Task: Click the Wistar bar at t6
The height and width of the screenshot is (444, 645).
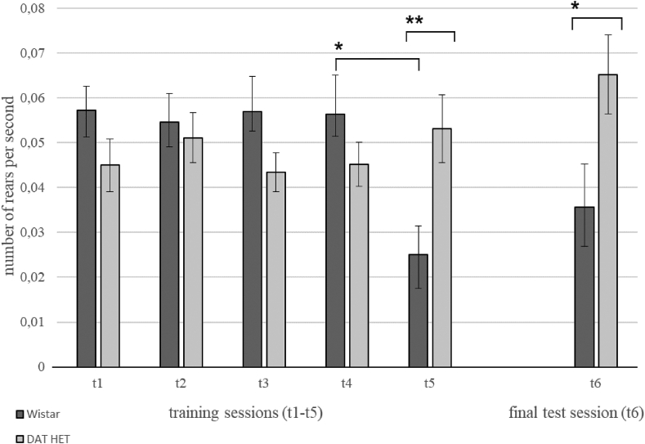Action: click(584, 287)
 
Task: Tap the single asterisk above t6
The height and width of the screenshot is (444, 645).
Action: click(576, 7)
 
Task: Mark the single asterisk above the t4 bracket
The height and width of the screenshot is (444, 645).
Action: click(338, 47)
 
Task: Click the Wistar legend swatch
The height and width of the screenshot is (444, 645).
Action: click(7, 412)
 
